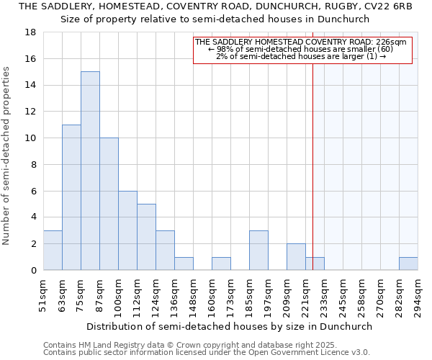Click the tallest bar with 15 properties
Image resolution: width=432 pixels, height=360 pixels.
(x=90, y=171)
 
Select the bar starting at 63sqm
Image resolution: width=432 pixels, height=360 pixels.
(x=71, y=197)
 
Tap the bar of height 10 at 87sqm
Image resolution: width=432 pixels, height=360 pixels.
(x=109, y=204)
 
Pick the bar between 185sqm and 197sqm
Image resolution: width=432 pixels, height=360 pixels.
(x=258, y=250)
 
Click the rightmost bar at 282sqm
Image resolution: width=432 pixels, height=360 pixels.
(x=408, y=264)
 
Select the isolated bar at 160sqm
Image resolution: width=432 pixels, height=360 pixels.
(x=221, y=264)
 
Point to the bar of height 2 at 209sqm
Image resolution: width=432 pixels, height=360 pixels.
(x=296, y=257)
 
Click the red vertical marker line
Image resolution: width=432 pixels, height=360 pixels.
(x=313, y=180)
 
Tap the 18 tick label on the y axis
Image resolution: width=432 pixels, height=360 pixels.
(x=32, y=32)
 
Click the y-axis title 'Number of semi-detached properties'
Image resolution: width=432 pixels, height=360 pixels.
(x=6, y=155)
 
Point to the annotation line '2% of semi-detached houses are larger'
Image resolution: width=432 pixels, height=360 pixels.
(x=301, y=56)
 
